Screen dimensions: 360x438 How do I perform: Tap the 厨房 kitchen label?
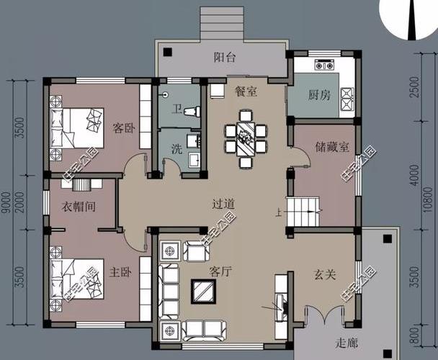pos(319,95)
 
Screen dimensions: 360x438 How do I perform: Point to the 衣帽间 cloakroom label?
pos(78,207)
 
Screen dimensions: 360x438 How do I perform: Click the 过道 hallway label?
pos(224,204)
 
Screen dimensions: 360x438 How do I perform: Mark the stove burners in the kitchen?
pos(347,94)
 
